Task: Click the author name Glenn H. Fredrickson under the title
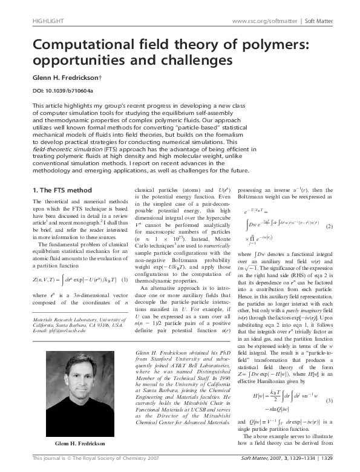[73, 78]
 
